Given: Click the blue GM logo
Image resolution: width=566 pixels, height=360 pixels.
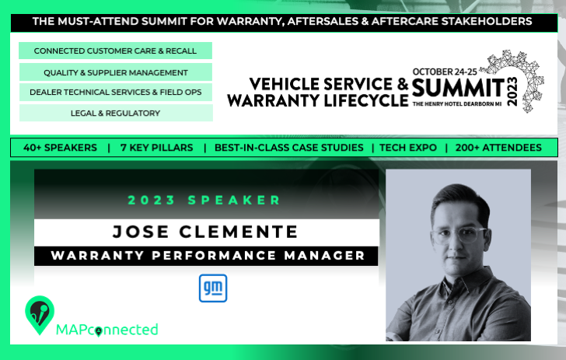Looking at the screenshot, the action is (x=213, y=288).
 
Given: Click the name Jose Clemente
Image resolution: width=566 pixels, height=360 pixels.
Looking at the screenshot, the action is (x=205, y=232).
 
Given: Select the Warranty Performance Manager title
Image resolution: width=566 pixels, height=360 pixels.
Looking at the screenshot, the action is (x=208, y=256).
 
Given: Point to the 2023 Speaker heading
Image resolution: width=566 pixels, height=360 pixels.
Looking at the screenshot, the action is (x=204, y=200).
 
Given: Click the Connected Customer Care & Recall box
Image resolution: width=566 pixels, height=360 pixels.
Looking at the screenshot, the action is (x=116, y=51).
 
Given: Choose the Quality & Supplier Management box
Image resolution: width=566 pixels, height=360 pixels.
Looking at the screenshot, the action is (x=116, y=72).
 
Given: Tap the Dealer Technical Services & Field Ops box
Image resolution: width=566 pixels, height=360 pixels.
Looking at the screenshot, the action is (x=116, y=92).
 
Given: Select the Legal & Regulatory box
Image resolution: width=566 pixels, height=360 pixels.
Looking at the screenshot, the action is (x=116, y=113).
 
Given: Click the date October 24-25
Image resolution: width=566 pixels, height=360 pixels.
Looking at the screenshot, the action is (x=445, y=72).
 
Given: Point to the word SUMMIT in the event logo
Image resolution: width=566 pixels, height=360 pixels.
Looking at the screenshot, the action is (x=458, y=88).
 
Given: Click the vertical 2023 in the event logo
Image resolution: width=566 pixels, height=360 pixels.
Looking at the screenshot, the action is (x=512, y=91).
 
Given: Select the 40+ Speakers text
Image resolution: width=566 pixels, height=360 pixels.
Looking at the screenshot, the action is (x=61, y=148).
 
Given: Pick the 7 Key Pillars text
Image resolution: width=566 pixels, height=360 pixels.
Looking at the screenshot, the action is (x=157, y=148).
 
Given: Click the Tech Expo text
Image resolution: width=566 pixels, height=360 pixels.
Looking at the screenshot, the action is (x=408, y=148).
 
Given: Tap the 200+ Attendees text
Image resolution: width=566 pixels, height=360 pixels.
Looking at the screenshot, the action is (x=498, y=148).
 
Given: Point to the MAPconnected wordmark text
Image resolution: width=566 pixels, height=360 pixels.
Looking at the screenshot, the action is (x=107, y=330).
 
